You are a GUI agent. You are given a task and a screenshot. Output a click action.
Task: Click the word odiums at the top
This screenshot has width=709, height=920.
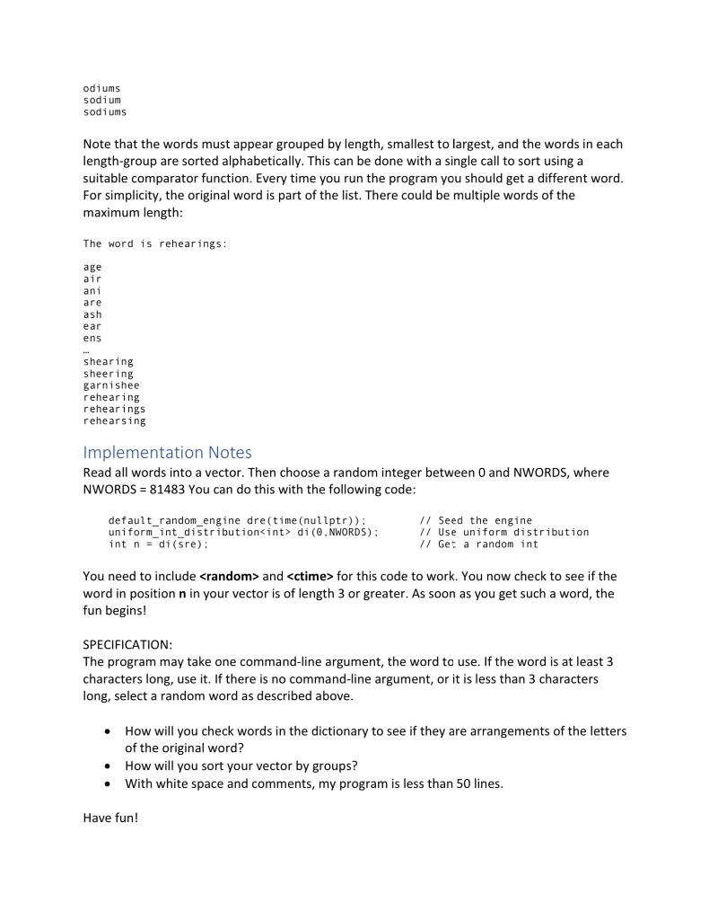pyautogui.click(x=101, y=88)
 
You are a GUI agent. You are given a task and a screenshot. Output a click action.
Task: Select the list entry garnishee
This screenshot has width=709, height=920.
pyautogui.click(x=111, y=385)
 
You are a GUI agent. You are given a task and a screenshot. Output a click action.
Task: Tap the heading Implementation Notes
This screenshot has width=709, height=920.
pyautogui.click(x=167, y=452)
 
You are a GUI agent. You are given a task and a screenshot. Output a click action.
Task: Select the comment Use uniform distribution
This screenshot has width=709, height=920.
pyautogui.click(x=513, y=533)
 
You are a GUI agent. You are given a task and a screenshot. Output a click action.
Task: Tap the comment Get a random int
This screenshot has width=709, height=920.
pyautogui.click(x=487, y=544)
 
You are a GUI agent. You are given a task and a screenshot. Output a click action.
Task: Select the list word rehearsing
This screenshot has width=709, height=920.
pyautogui.click(x=114, y=420)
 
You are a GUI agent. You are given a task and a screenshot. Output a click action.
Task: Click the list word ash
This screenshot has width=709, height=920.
pyautogui.click(x=92, y=315)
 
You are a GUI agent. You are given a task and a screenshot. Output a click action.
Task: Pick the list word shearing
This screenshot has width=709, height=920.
pyautogui.click(x=108, y=362)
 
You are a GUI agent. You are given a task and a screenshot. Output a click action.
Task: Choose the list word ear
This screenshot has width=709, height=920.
pyautogui.click(x=92, y=327)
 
